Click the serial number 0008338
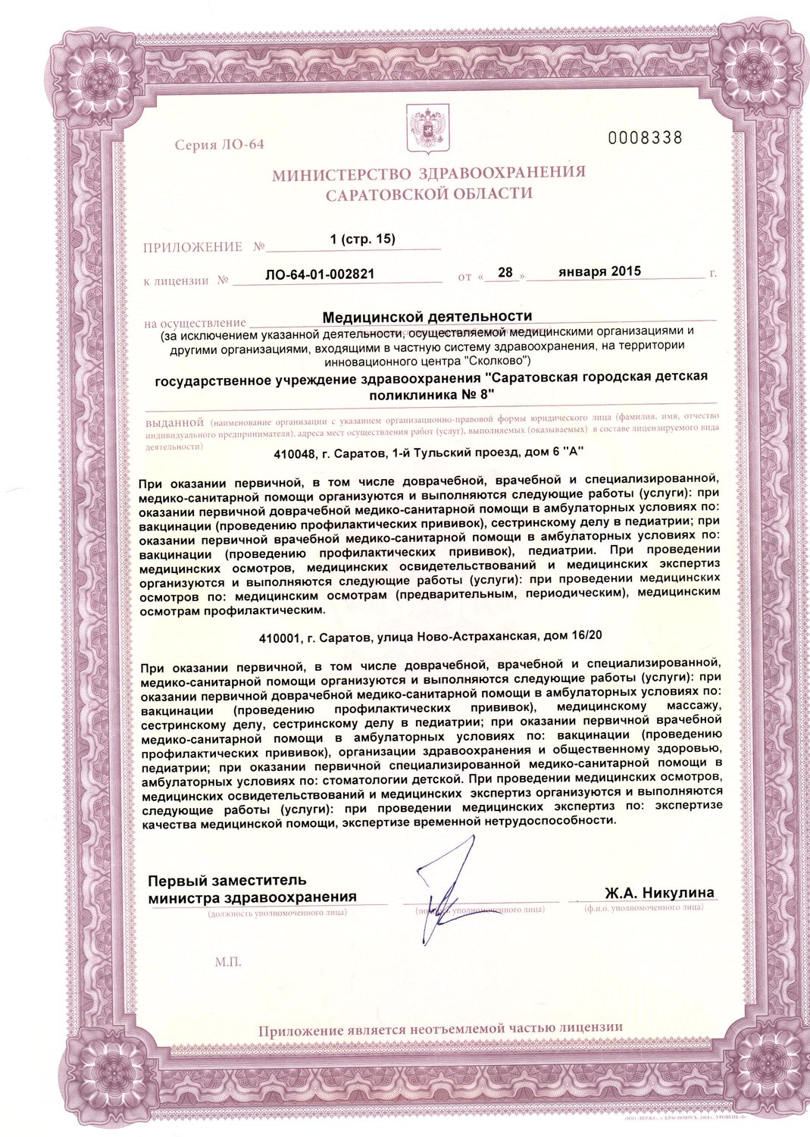[x=646, y=138]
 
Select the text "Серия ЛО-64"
[x=219, y=145]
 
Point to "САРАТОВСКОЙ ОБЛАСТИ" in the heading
[x=429, y=194]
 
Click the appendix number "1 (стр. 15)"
[x=363, y=240]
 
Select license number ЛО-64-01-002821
[x=320, y=274]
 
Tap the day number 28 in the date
[x=505, y=272]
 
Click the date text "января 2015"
[x=599, y=271]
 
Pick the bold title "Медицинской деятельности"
[x=427, y=316]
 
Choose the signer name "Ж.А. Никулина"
[x=659, y=893]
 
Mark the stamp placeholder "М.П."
[x=227, y=962]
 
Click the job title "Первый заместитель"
[x=227, y=881]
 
